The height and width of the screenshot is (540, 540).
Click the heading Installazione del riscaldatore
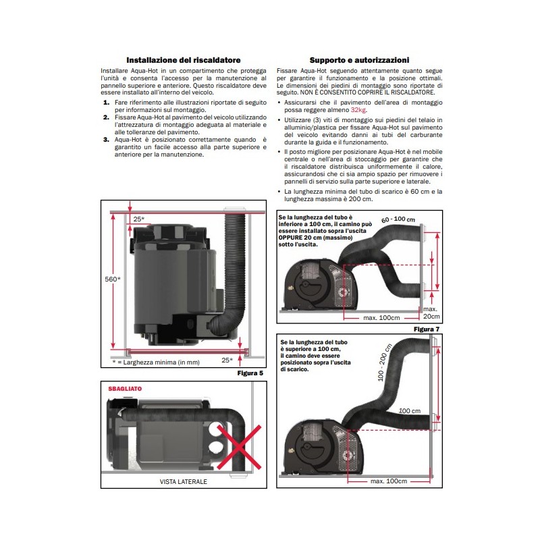[x=184, y=60]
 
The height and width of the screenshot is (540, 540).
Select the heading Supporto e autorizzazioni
[x=359, y=60]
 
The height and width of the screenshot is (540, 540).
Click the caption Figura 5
[x=250, y=373]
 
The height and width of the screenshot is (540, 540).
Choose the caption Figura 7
[x=427, y=329]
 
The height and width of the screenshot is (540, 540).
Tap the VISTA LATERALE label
[x=184, y=483]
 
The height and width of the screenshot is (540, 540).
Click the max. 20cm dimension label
[x=431, y=313]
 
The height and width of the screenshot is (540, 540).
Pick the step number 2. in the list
[x=106, y=117]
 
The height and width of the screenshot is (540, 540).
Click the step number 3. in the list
[x=106, y=140]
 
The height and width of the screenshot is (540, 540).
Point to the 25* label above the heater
[x=139, y=219]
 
